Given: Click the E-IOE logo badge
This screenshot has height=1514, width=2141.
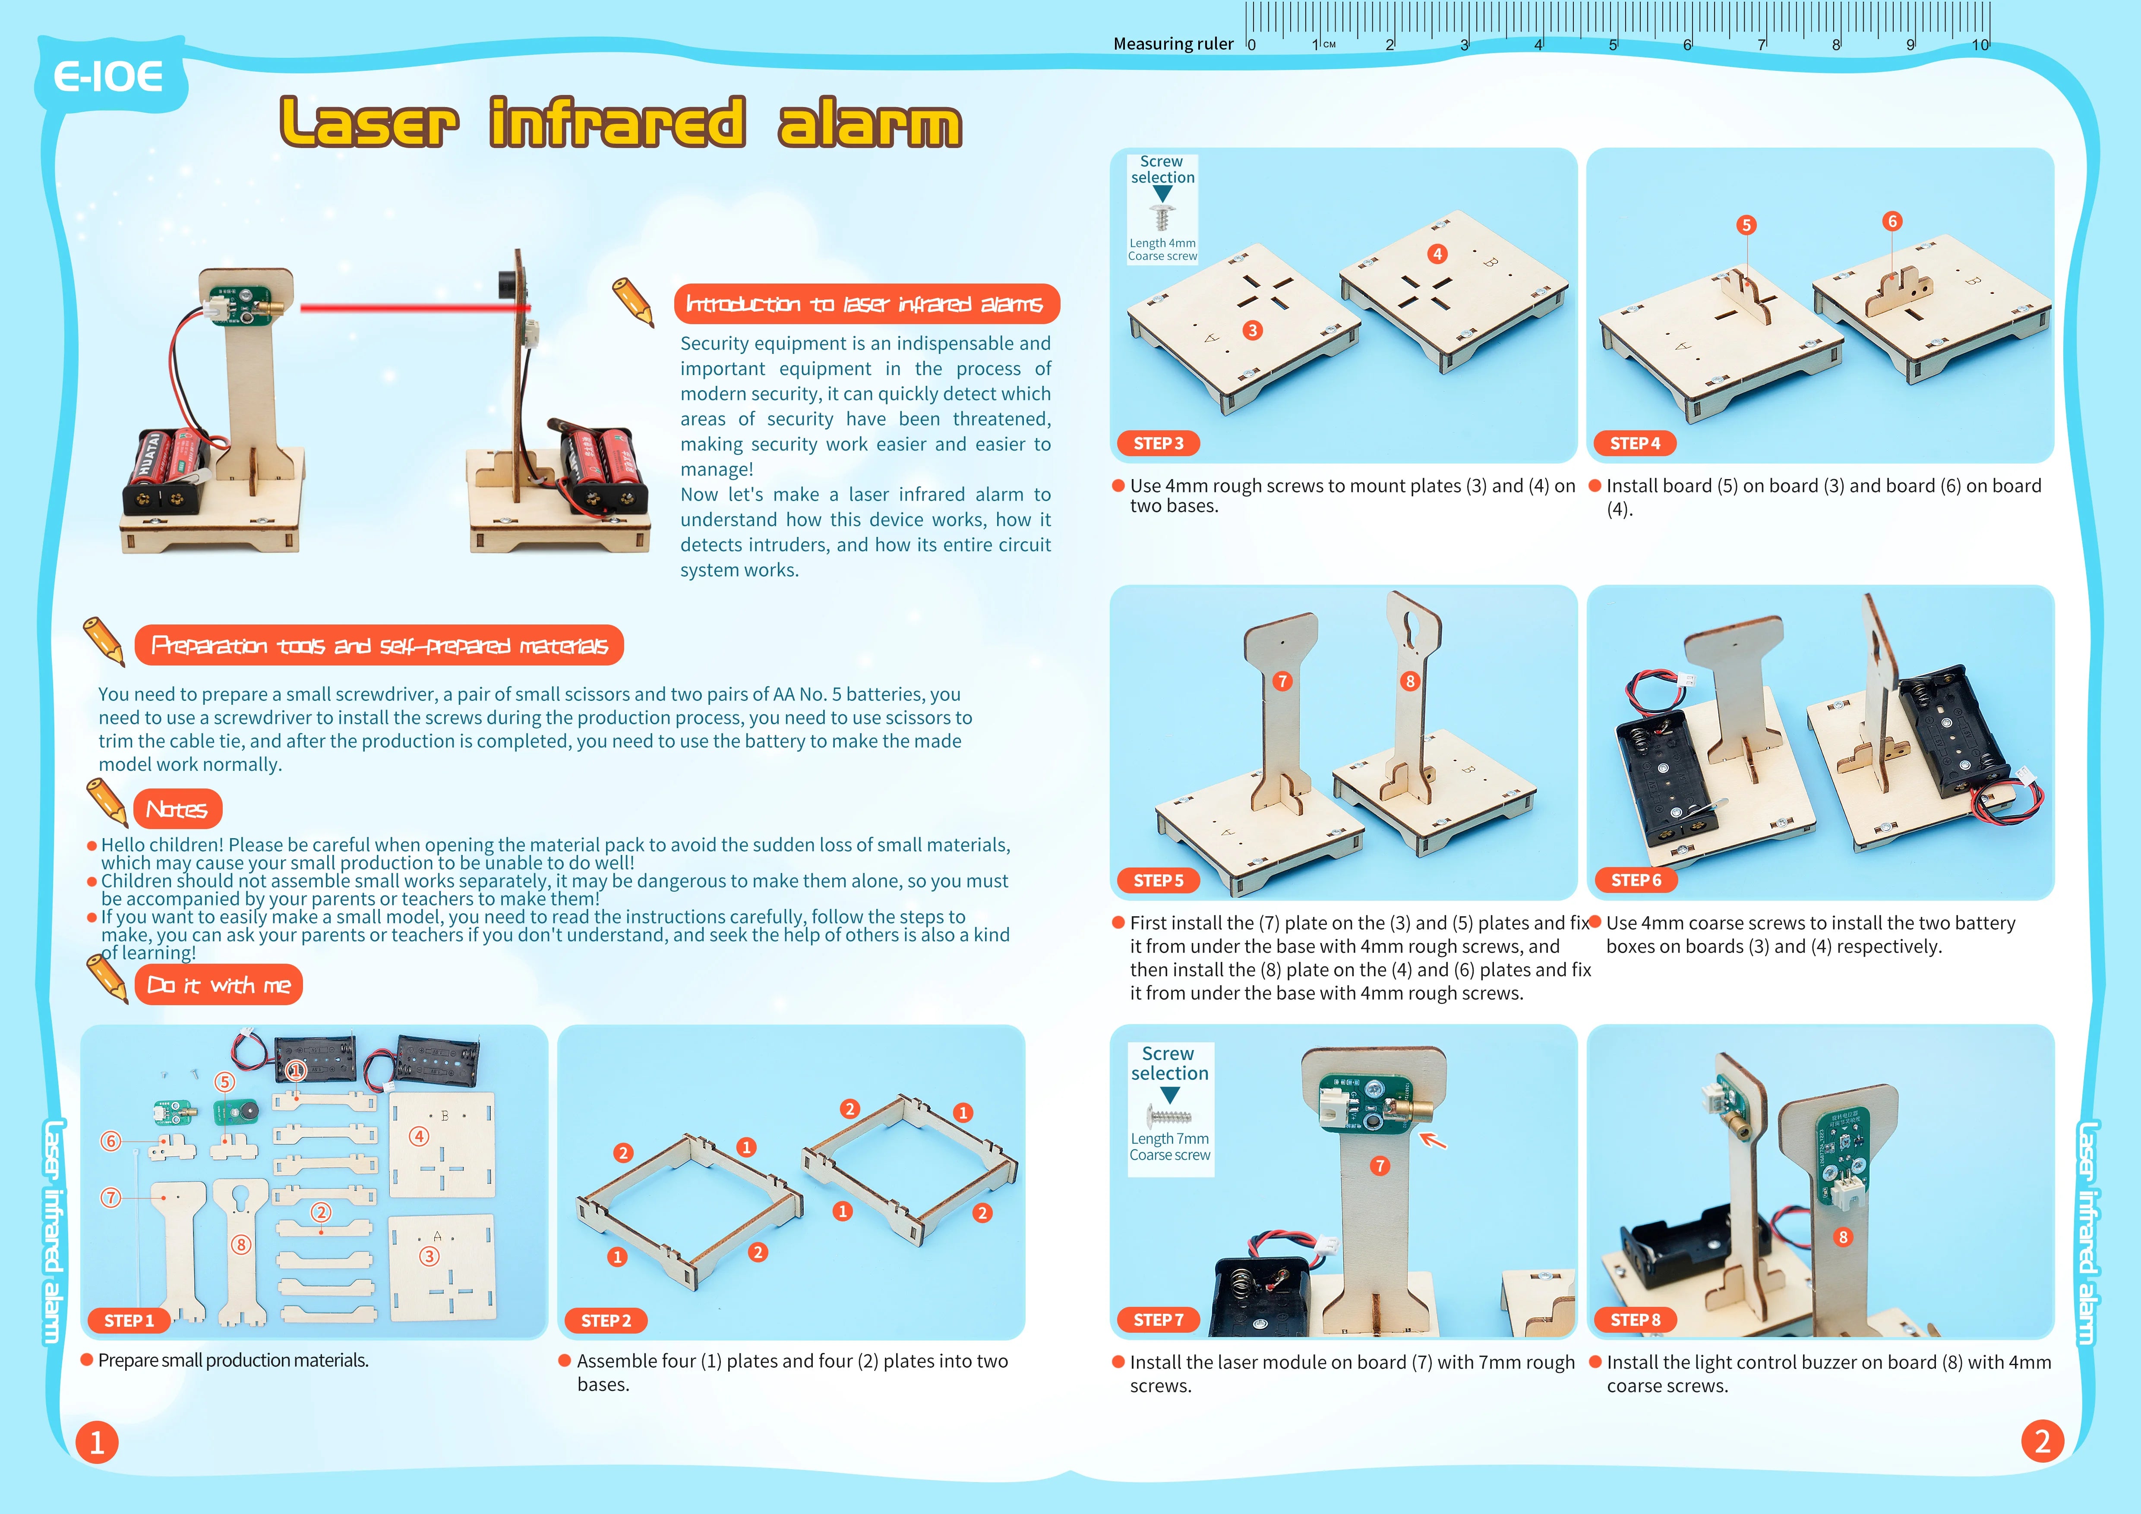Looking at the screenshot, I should point(109,76).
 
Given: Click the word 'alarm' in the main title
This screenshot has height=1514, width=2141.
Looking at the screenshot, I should point(869,125).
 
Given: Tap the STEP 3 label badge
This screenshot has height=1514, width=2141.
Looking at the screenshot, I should point(1158,444).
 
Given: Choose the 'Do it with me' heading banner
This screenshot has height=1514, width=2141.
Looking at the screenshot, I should point(218,985).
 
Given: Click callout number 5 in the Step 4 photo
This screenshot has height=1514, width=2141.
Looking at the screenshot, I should point(1746,225).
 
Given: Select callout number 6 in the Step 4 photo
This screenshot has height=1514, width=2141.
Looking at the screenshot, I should point(1892,221).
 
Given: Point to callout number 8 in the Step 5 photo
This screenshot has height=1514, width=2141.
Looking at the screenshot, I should point(1410,681).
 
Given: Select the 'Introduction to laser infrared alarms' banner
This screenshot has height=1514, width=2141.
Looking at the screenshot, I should point(866,304).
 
